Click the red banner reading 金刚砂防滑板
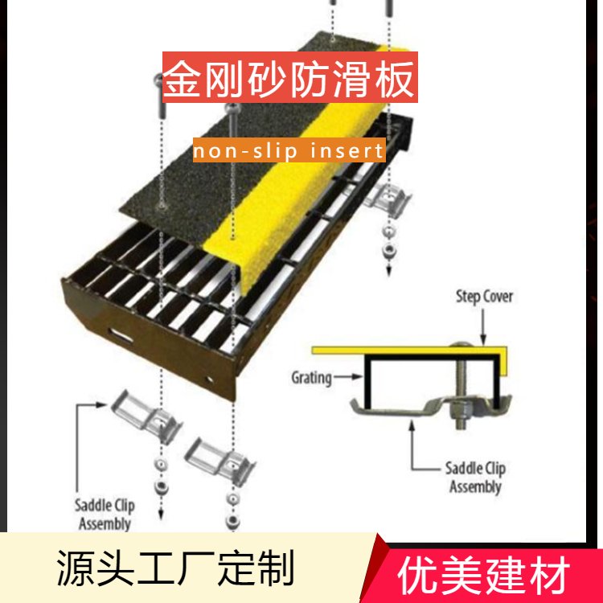[x=289, y=79]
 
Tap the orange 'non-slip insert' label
[x=289, y=150]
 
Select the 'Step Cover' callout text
[x=484, y=297]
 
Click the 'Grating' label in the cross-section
[x=311, y=375]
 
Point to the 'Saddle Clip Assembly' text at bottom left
[x=105, y=514]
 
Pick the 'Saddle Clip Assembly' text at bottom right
[x=475, y=477]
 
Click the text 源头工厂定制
[x=176, y=569]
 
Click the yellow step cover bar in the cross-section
[x=402, y=350]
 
